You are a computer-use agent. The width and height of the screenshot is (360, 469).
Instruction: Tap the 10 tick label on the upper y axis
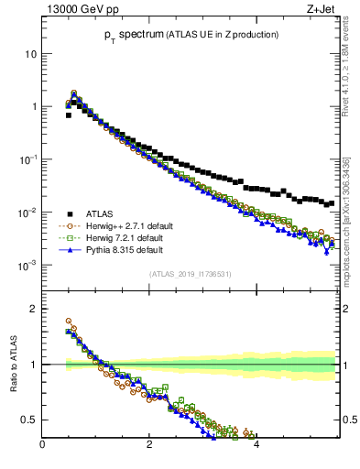click(x=30, y=53)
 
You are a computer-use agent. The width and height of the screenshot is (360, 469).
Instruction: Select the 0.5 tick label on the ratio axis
click(x=28, y=420)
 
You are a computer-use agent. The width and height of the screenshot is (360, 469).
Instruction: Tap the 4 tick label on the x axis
click(x=256, y=446)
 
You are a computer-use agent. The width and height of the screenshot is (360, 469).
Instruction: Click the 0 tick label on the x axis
click(x=42, y=446)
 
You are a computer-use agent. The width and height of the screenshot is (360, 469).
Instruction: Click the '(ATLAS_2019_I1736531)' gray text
click(x=191, y=274)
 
